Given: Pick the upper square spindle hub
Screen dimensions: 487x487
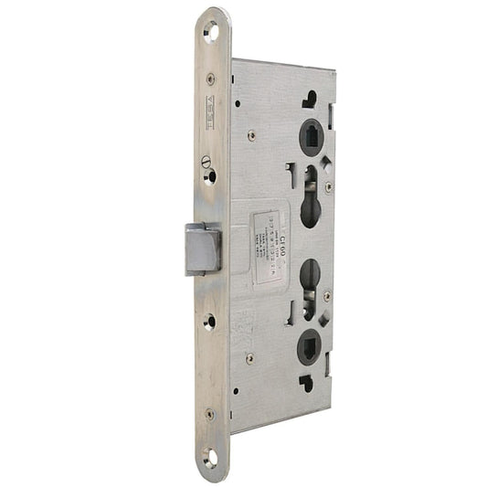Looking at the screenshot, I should tap(311, 138).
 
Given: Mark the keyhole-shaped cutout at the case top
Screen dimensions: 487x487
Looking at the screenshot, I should tap(311, 98).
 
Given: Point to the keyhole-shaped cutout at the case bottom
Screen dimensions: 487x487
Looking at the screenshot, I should tap(305, 383).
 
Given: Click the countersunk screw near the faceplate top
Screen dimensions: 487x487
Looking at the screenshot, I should tap(211, 79).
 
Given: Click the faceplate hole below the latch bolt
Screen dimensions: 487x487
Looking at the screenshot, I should tap(209, 321).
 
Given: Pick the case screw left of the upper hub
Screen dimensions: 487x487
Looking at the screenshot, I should tap(251, 136).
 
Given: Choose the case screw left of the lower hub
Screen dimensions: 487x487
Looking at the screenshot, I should tap(249, 358).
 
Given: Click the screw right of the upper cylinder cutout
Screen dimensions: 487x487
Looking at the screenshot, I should tap(329, 186).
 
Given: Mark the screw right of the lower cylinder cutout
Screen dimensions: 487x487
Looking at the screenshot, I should tap(326, 296).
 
